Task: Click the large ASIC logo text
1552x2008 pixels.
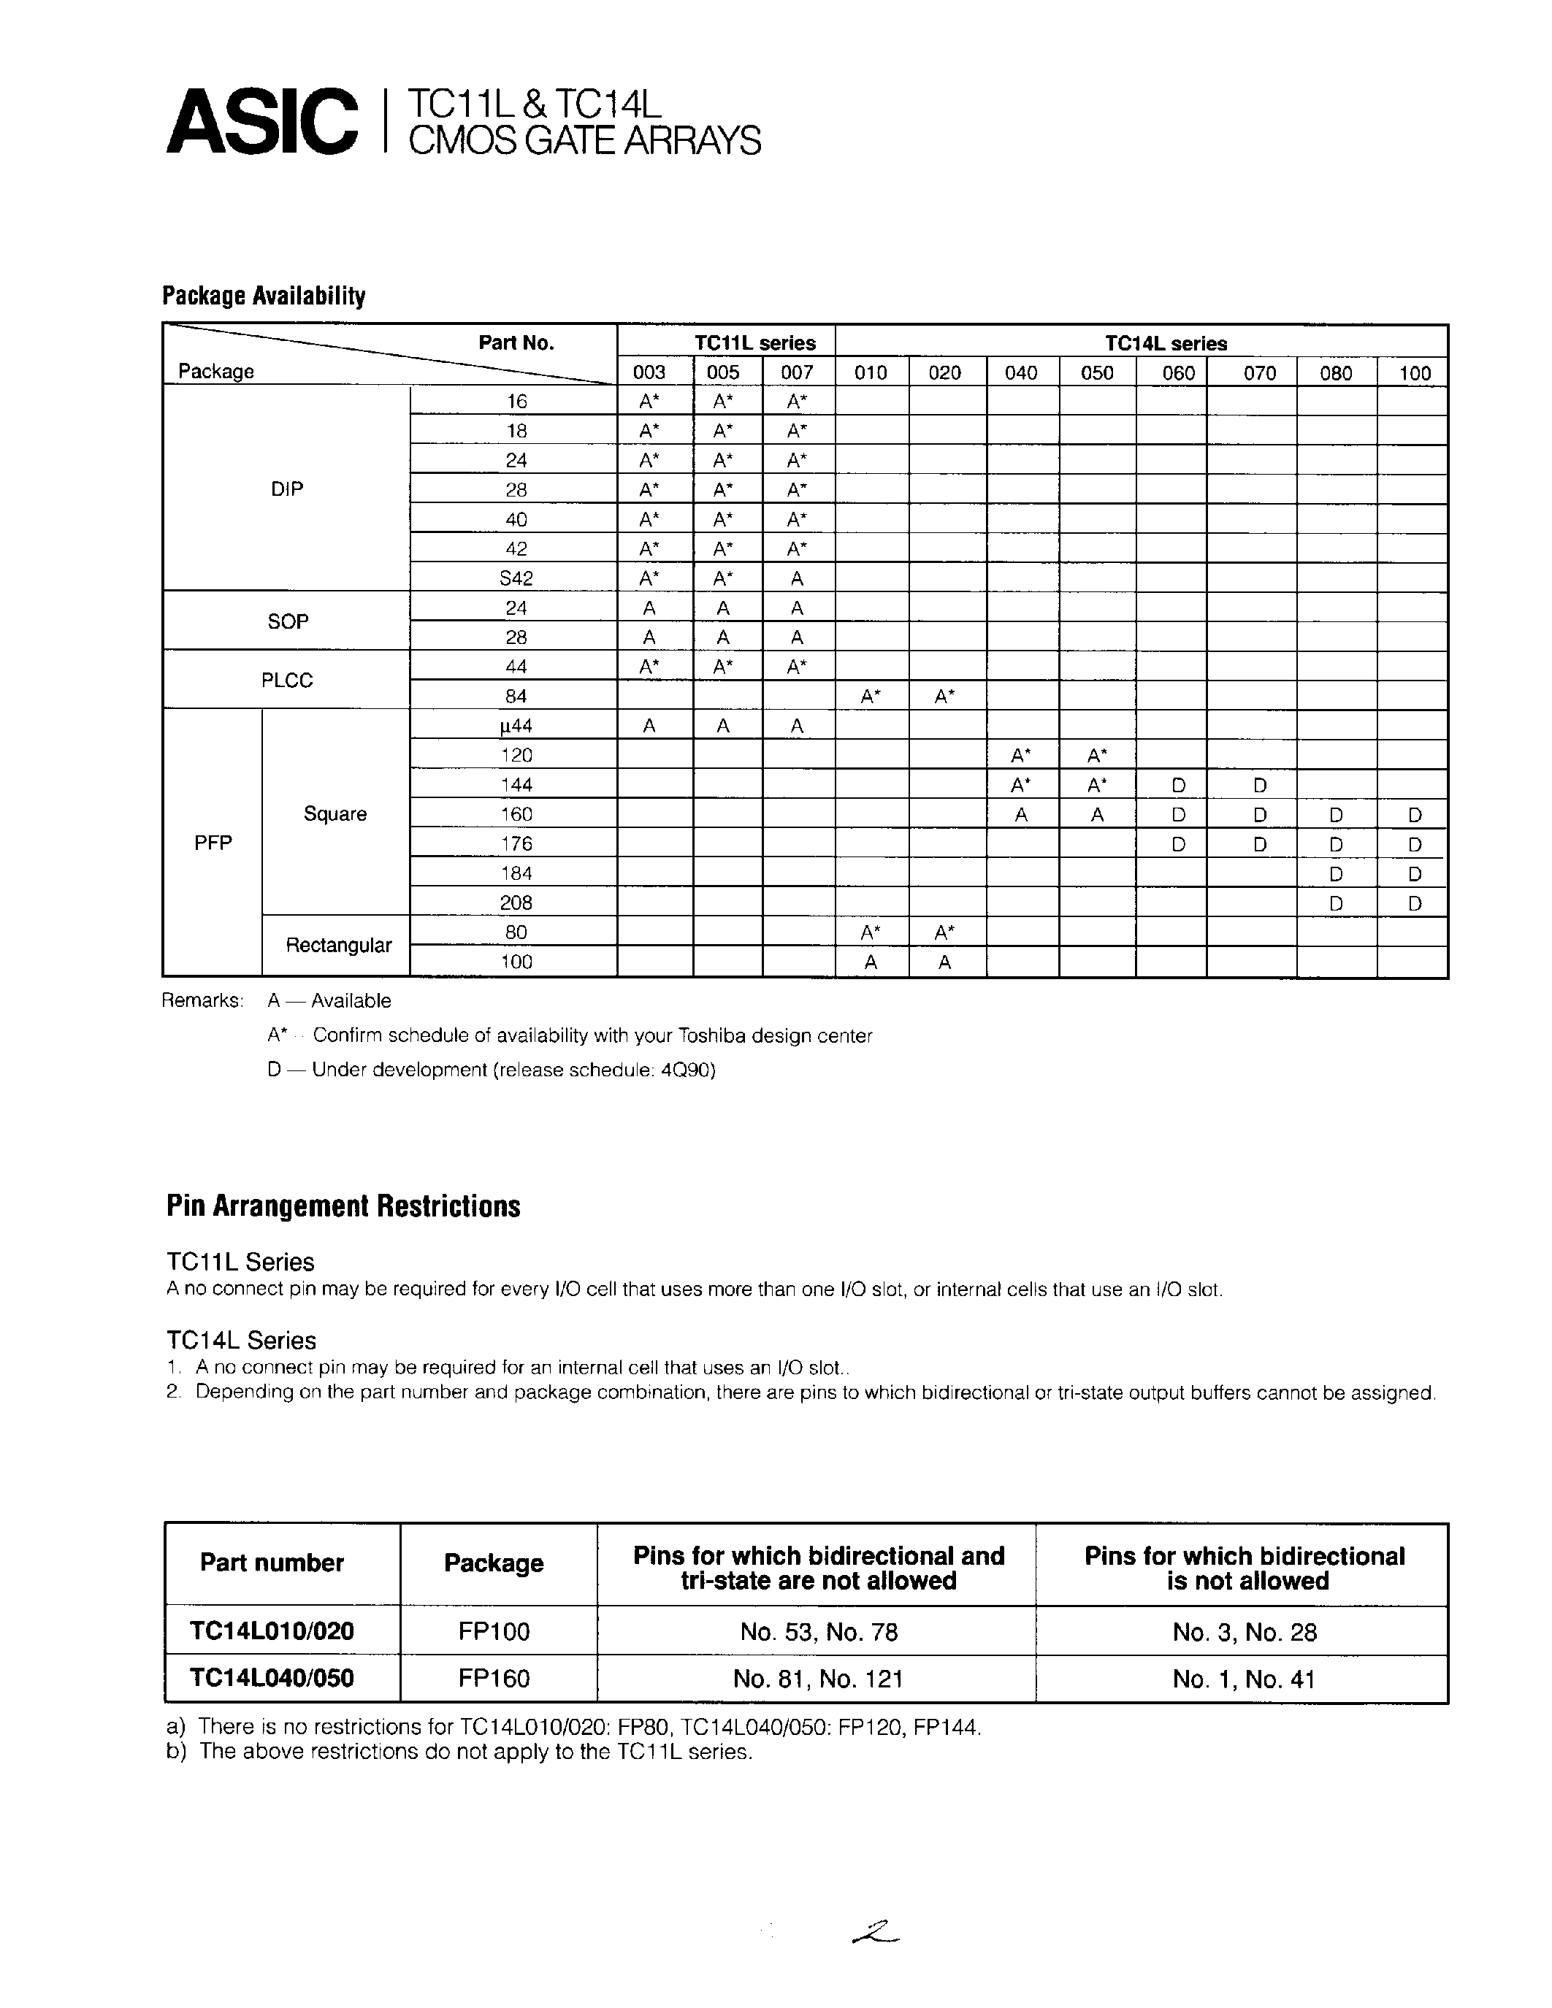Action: point(262,121)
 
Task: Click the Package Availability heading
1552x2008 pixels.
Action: point(264,296)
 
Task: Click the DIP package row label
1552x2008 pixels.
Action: point(287,489)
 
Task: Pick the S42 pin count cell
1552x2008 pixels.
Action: point(516,578)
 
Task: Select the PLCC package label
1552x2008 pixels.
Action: point(287,681)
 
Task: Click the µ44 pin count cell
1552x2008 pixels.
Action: point(516,725)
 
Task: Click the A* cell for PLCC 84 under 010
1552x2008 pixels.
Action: point(871,697)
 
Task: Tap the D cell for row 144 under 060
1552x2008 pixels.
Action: point(1178,785)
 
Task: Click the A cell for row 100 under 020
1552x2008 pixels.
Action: point(944,962)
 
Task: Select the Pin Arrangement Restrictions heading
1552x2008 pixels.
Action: point(343,1206)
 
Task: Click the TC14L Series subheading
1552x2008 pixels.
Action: point(241,1340)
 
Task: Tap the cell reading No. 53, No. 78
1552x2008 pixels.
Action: point(817,1632)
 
